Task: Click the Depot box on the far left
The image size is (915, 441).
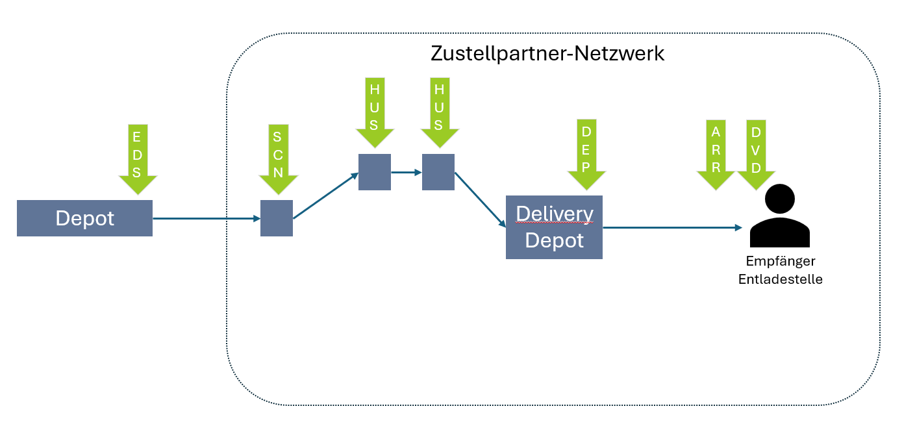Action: pos(84,218)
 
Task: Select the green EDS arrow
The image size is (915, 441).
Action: pos(138,156)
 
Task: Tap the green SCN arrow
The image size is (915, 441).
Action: pos(277,157)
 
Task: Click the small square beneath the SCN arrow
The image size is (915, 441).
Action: pos(277,218)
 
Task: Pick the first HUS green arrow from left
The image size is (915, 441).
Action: pos(374,110)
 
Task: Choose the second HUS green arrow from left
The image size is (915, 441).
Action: pos(439,110)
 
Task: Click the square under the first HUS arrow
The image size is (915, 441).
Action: pos(375,172)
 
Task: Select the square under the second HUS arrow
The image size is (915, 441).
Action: pos(438,172)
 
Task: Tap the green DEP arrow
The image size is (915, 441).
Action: pos(586,153)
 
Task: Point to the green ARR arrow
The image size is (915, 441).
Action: pos(716,153)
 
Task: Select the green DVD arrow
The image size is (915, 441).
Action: pos(756,153)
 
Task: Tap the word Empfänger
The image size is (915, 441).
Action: pos(780,261)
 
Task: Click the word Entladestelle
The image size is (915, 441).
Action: pos(780,279)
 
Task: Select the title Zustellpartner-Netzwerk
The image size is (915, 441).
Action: pos(547,53)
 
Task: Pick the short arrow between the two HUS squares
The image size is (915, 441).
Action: pos(406,173)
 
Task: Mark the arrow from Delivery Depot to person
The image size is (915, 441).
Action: pos(672,228)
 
